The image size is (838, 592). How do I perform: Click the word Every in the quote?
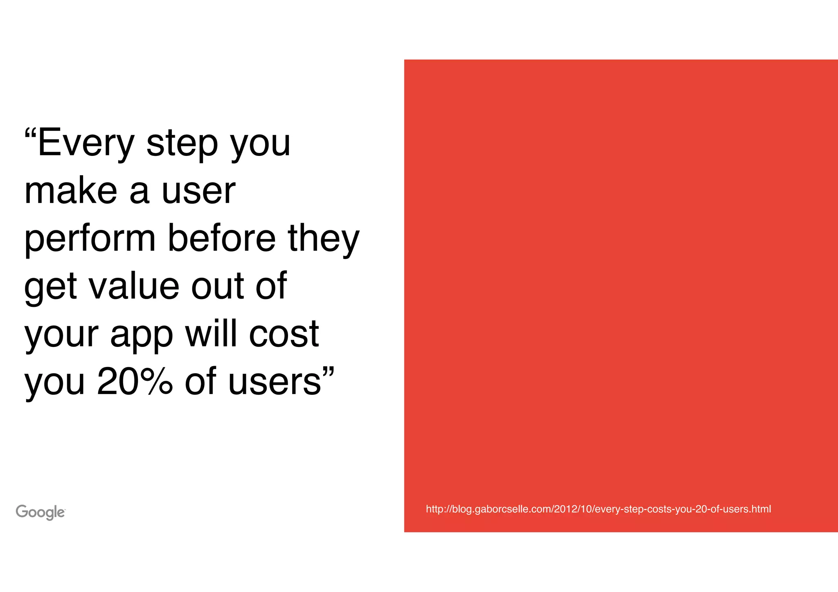point(86,143)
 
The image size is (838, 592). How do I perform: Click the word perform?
point(90,239)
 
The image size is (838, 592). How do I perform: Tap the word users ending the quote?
point(274,382)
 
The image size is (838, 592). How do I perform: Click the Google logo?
point(41,512)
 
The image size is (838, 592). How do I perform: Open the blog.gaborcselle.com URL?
point(598,509)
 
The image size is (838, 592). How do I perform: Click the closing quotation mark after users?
point(329,372)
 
